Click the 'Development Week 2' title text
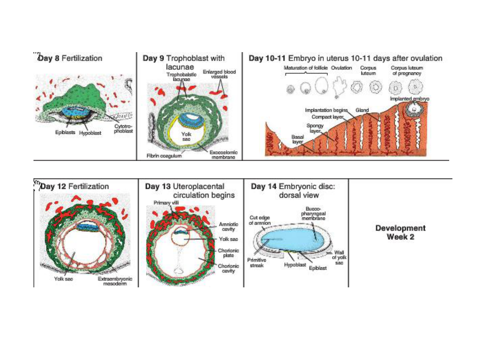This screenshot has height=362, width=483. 400,232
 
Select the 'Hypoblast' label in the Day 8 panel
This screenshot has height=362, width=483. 90,133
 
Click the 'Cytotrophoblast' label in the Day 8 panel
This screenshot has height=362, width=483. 123,129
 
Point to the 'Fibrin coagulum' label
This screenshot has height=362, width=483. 164,156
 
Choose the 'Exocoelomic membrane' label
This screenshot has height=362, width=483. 223,155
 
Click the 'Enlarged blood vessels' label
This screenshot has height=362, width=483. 219,74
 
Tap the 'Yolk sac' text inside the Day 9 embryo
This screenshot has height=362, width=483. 186,136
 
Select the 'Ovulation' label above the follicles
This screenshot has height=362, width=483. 341,68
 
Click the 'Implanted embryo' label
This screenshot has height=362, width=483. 409,99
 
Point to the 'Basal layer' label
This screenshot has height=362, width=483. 298,139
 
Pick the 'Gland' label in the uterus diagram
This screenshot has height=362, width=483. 362,110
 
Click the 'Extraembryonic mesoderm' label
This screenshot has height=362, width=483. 115,281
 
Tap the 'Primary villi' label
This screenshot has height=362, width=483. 166,203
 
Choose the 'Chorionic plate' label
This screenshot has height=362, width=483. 228,253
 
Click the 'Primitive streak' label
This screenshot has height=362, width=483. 257,263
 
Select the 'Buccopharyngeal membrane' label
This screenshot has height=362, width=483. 313,213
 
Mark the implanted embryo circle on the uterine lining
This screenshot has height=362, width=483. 414,109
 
